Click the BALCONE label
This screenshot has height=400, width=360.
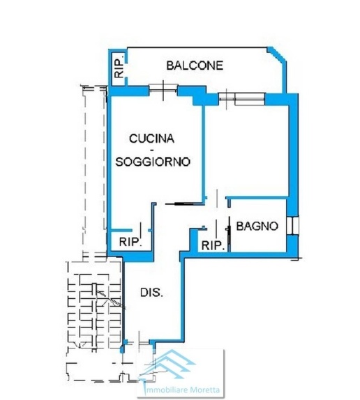195,66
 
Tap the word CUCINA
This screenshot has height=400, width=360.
151,139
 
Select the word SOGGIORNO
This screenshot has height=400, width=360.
153,162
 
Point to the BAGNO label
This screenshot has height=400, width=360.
257,226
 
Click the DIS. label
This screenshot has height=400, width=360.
151,293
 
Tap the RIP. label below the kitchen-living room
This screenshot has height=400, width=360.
130,242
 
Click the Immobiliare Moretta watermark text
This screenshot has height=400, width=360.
182,390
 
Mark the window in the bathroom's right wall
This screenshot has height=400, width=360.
292,226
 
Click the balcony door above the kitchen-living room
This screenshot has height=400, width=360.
163,89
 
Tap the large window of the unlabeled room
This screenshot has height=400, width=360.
242,99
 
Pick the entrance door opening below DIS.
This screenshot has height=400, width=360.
138,342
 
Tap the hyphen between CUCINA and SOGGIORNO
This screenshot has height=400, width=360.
151,150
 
